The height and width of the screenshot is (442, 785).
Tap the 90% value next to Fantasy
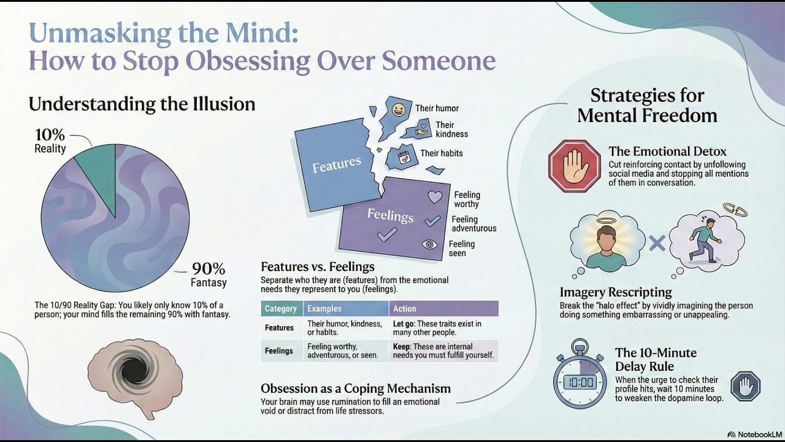tap(209, 269)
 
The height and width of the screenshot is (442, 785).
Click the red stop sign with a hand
tap(575, 166)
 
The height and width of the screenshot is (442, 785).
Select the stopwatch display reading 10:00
tap(580, 382)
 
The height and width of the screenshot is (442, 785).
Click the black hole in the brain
tap(134, 370)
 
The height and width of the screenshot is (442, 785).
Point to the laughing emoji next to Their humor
tap(398, 110)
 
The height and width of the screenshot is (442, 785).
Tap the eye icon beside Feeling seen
tap(429, 244)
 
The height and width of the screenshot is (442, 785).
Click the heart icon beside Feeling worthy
tap(435, 197)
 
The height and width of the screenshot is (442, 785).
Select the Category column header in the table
tap(281, 309)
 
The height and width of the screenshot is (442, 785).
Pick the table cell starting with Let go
tap(443, 328)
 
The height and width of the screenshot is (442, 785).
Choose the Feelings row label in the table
tap(279, 351)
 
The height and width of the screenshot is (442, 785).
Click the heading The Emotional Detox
tap(668, 151)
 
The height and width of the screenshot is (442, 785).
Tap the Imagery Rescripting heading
tap(616, 292)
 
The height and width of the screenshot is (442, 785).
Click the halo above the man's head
tap(607, 221)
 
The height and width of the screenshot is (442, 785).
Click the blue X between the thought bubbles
tap(657, 243)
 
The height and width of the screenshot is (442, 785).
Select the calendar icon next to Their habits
tap(404, 157)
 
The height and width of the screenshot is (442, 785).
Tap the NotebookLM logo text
tap(754, 434)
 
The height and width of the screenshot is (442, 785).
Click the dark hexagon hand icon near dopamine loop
tap(745, 386)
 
